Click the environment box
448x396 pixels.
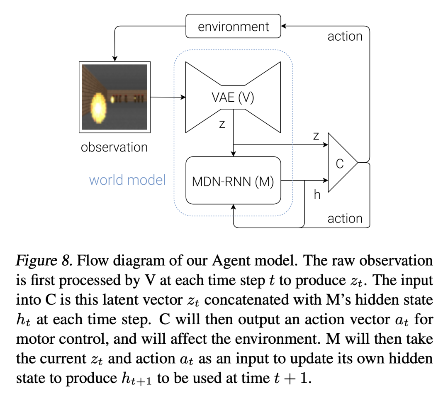click(x=233, y=26)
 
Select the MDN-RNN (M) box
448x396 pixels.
click(x=233, y=181)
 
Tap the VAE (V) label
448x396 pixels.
click(x=233, y=97)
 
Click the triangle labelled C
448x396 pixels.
click(x=343, y=162)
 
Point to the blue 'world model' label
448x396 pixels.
click(x=127, y=180)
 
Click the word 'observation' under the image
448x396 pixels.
click(x=114, y=147)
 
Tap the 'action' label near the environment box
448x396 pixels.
click(x=345, y=36)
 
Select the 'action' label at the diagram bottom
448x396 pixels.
click(x=345, y=219)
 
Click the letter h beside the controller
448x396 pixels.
click(x=317, y=195)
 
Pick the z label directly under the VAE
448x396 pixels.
click(x=222, y=124)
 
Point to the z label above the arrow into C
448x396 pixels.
click(x=316, y=136)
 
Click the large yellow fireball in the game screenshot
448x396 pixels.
click(x=98, y=108)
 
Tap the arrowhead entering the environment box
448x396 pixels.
click(x=283, y=26)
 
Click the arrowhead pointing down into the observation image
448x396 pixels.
click(x=114, y=59)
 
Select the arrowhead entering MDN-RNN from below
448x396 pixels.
click(x=234, y=207)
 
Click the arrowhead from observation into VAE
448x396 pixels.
click(x=183, y=97)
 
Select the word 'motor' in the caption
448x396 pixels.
click(x=34, y=339)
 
